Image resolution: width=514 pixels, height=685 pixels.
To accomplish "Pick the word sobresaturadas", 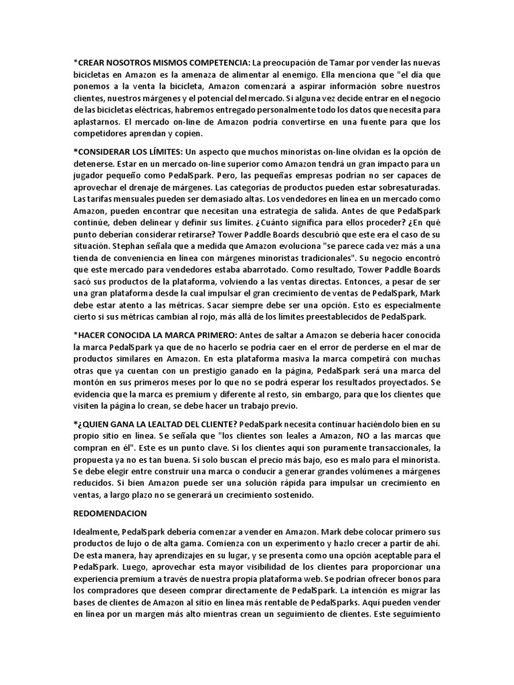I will (x=408, y=193).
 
